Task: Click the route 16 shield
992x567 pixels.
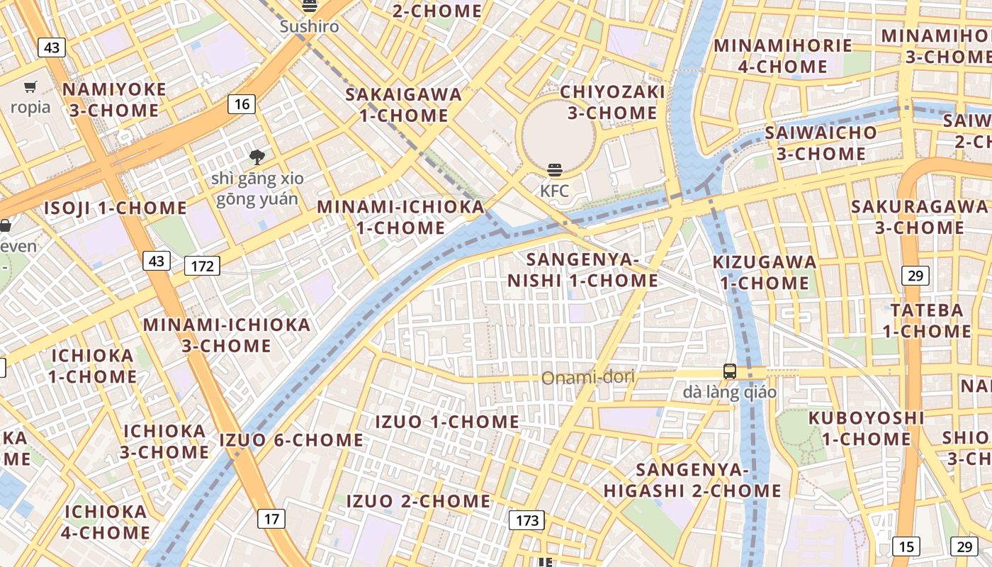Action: (x=242, y=105)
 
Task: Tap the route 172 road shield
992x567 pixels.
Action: (x=202, y=266)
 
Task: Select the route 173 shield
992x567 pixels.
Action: (x=527, y=521)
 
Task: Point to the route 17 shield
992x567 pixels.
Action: (x=271, y=519)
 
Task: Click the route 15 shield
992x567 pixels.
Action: (x=906, y=546)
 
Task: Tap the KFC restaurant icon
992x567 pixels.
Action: (x=555, y=170)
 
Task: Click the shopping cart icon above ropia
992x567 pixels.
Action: (x=30, y=87)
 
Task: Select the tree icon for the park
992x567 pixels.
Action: (x=257, y=157)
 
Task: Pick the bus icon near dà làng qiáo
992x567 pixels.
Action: (x=729, y=371)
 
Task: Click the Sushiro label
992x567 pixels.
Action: (x=309, y=27)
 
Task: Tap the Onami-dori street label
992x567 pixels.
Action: (x=587, y=378)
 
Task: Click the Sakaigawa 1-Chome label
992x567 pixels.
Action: (x=403, y=105)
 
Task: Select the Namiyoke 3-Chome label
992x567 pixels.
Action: (x=114, y=100)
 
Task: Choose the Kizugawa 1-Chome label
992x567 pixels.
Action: (x=765, y=272)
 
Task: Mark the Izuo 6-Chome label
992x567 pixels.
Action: (x=291, y=440)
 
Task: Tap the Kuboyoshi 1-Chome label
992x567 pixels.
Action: (x=866, y=428)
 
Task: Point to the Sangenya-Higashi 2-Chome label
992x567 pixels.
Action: (x=692, y=480)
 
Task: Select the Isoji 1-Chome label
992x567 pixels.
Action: (x=115, y=208)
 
